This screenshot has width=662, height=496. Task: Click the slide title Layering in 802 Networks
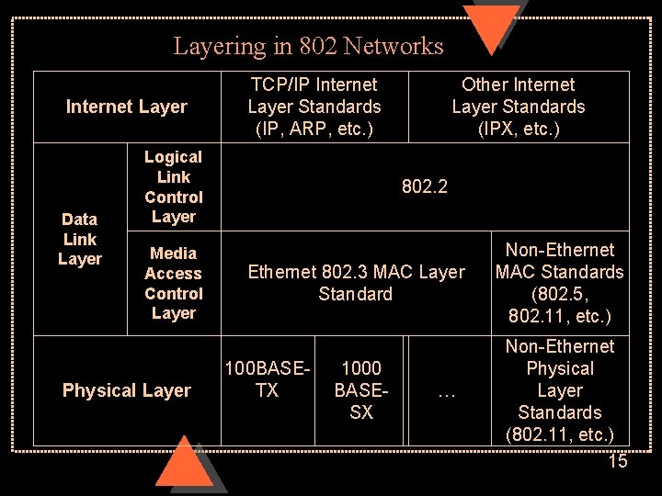pyautogui.click(x=308, y=46)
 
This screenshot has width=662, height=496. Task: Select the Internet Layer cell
pyautogui.click(x=126, y=107)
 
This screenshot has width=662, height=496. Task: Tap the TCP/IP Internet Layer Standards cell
pyautogui.click(x=314, y=107)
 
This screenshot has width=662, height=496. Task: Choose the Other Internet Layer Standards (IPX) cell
pyautogui.click(x=518, y=107)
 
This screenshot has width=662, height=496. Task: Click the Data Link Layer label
pyautogui.click(x=80, y=239)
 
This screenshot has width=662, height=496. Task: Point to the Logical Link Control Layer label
pyautogui.click(x=174, y=187)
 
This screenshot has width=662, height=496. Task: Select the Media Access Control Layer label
pyautogui.click(x=174, y=283)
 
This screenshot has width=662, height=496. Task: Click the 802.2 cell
pyautogui.click(x=425, y=186)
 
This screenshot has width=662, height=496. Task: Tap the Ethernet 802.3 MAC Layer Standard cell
pyautogui.click(x=356, y=283)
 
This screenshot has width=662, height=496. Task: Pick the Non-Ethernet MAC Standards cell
pyautogui.click(x=559, y=283)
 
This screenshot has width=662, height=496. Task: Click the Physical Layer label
pyautogui.click(x=126, y=390)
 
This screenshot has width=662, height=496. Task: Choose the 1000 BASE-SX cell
pyautogui.click(x=361, y=390)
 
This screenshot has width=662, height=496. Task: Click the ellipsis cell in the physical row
pyautogui.click(x=447, y=392)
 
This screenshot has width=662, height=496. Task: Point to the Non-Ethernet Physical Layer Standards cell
pyautogui.click(x=559, y=390)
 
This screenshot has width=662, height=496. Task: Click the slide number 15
pyautogui.click(x=618, y=461)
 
